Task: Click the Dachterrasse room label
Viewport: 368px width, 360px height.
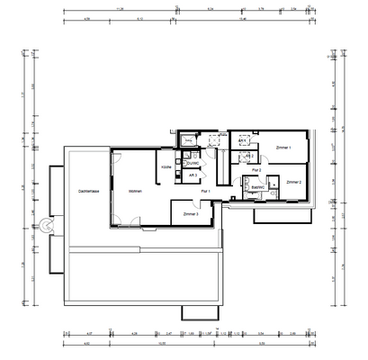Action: tap(88, 191)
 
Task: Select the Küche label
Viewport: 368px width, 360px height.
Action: tap(166, 167)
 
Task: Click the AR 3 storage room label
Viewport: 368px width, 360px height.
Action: tap(192, 175)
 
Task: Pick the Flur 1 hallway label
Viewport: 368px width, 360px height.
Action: tap(205, 191)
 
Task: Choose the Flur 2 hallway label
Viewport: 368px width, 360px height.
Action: tap(256, 169)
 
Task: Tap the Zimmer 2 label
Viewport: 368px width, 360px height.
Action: tap(294, 182)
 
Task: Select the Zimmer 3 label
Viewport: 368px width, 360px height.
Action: tap(190, 214)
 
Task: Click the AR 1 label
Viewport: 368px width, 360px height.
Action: tap(243, 141)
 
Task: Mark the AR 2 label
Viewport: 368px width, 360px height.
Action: tap(238, 157)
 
